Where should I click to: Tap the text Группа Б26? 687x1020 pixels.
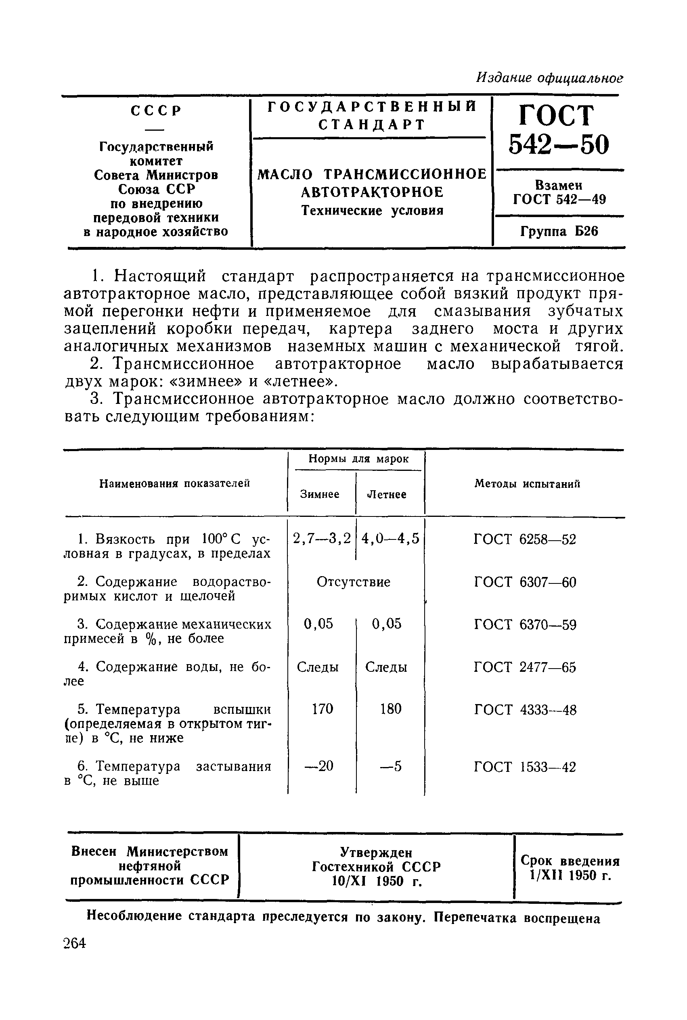coord(559,231)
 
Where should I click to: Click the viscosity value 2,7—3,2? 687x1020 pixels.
coord(322,538)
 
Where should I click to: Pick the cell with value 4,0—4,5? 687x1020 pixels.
coord(390,538)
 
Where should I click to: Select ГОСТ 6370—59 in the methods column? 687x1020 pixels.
coord(525,624)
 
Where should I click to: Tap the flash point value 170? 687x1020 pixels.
coord(323,709)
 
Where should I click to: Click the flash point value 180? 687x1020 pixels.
coord(390,709)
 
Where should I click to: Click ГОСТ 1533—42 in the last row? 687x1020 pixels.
coord(525,767)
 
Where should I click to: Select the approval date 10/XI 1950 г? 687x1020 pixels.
coord(377,881)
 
